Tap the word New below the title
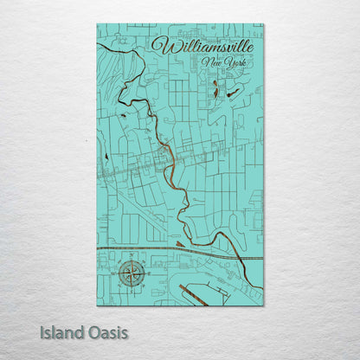(x=209, y=62)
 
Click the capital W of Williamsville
(x=160, y=46)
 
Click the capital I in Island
(x=42, y=331)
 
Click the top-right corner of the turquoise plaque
(x=263, y=24)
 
